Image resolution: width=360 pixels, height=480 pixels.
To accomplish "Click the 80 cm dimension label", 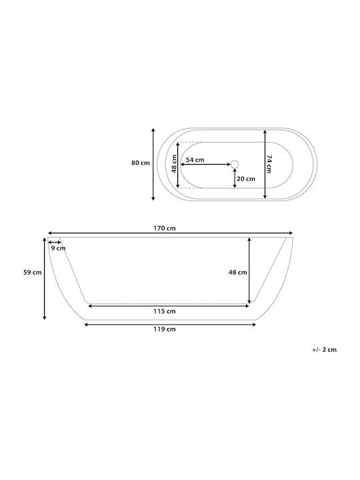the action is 141,163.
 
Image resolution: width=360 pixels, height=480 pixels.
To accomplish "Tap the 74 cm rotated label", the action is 269,164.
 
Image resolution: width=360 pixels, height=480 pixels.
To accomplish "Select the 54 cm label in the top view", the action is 195,160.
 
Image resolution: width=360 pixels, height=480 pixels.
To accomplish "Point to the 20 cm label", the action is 246,179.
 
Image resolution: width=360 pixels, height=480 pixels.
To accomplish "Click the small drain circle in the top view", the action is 235,165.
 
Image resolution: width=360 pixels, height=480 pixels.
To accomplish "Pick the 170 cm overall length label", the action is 165,229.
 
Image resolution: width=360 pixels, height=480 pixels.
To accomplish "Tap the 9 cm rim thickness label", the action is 58,248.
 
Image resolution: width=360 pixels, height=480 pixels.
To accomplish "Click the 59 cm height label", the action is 33,272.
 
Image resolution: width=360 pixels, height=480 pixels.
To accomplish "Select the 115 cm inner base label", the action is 165,311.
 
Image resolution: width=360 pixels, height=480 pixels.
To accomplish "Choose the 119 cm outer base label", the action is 165,329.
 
